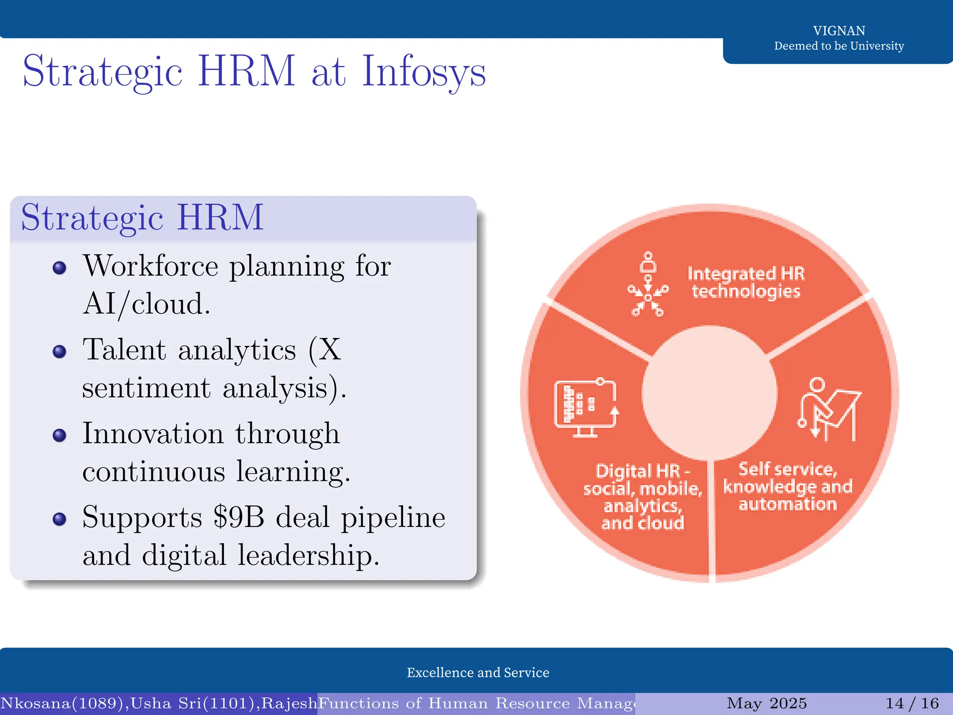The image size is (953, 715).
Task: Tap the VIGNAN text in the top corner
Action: click(839, 31)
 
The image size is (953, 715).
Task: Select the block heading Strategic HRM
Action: click(142, 218)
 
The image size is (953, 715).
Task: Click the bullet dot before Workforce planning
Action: click(60, 268)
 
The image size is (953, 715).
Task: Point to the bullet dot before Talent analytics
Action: click(60, 351)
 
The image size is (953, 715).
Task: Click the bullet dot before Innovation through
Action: click(60, 435)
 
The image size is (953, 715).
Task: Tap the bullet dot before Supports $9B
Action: click(60, 519)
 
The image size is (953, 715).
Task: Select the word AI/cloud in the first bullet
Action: click(146, 304)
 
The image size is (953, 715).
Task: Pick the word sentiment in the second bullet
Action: click(146, 388)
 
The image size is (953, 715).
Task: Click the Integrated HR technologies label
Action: click(746, 282)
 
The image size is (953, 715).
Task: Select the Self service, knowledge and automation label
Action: click(788, 486)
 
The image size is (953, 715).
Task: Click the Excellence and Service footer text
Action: click(478, 673)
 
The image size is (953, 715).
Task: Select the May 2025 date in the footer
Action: click(767, 703)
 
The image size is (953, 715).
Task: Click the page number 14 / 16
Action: click(912, 703)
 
